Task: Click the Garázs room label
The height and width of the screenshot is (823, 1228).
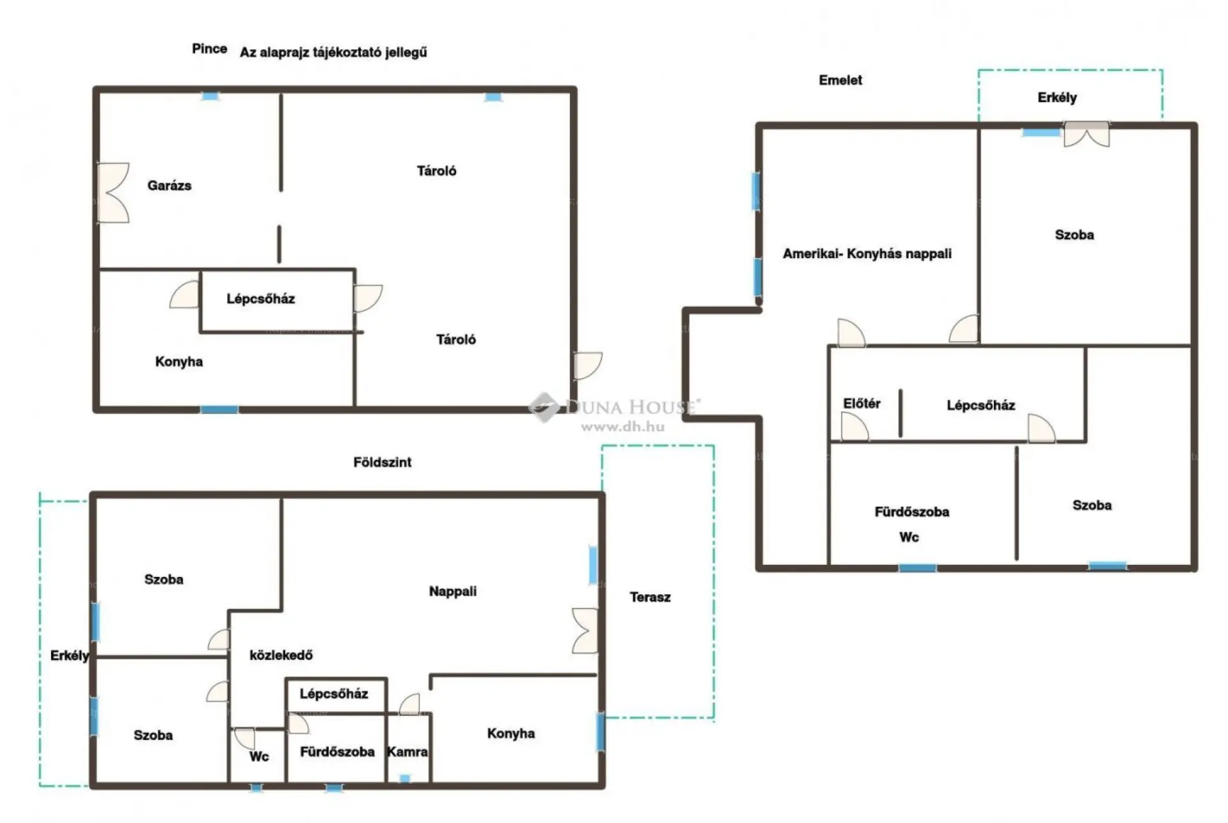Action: pos(169,186)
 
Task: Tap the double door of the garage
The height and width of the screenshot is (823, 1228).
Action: pos(113,192)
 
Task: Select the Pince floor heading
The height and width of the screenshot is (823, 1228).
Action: pos(210,49)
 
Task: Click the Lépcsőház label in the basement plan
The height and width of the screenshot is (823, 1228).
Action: pos(261,298)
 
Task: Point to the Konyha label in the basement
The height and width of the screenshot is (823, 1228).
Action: pos(179,362)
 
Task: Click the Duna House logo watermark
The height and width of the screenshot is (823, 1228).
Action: pos(615,411)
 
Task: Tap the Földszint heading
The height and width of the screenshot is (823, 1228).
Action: pos(382,462)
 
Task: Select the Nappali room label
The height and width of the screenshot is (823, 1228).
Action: pos(453,591)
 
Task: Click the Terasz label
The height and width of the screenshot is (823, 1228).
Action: pos(650,597)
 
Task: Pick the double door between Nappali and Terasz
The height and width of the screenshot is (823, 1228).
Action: pos(585,631)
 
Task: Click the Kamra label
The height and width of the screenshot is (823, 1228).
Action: pos(407,751)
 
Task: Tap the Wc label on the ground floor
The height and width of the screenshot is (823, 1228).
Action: pos(259,757)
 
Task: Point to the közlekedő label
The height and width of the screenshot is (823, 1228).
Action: pos(281,655)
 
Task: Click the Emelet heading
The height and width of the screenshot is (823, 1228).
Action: pos(840,80)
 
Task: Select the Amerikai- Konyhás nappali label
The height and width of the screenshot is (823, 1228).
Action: pos(867,254)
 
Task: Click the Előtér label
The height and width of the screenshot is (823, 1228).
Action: pos(862,403)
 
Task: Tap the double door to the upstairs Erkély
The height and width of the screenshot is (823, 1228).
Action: pos(1087,134)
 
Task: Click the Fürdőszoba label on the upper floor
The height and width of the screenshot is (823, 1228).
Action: pos(912,512)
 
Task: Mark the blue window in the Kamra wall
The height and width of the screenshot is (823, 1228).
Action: pos(405,778)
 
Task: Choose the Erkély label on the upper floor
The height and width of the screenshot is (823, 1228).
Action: pos(1057,98)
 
